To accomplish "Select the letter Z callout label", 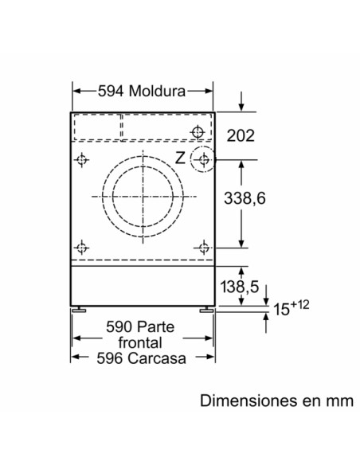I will (x=180, y=158).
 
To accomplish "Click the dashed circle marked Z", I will (x=204, y=160).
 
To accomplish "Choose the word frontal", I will (x=143, y=343).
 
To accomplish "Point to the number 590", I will (x=118, y=328).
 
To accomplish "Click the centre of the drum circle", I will (x=143, y=197).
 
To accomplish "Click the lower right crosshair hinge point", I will (x=204, y=246).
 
